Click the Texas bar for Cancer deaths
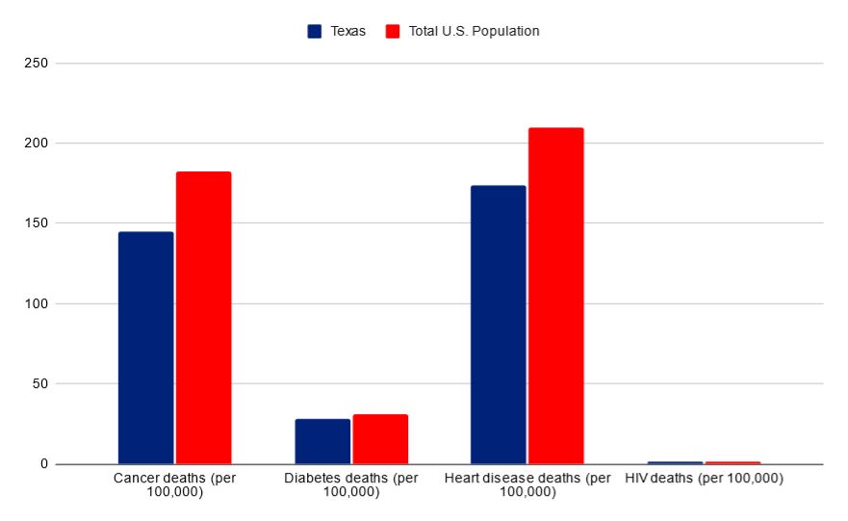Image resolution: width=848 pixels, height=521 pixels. point(145,348)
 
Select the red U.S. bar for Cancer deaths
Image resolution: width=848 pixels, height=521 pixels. point(203,318)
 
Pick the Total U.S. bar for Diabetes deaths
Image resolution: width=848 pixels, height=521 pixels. point(380,439)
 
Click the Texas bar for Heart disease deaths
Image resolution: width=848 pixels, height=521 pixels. point(498,325)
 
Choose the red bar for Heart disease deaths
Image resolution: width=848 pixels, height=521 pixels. point(555,296)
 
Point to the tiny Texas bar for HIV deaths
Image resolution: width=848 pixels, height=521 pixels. point(675,462)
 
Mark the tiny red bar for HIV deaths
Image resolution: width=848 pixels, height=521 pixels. point(732,462)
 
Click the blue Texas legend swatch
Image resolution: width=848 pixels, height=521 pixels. point(315,31)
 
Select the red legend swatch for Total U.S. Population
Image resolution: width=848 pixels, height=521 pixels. point(392,31)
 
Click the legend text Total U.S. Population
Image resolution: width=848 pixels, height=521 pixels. point(474,31)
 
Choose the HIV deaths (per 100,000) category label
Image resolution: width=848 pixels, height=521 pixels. point(704,479)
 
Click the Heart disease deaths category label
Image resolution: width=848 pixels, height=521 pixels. point(527,484)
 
